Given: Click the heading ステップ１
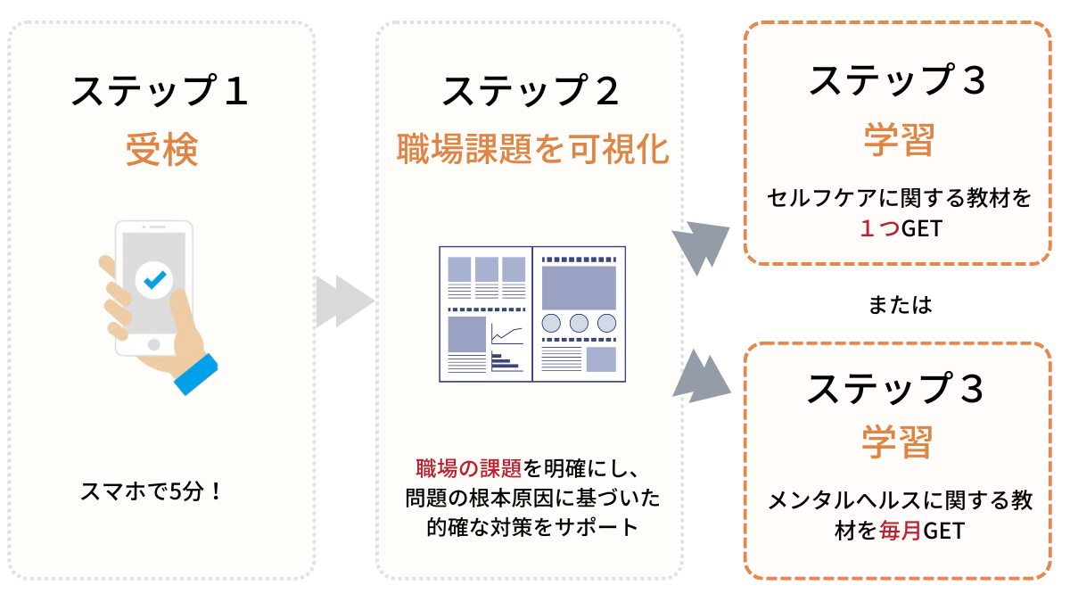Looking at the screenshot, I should [160, 92].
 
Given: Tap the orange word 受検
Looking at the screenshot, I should [160, 150].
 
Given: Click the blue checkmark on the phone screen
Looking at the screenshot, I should [154, 280].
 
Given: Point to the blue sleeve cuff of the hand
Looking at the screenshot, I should [195, 374].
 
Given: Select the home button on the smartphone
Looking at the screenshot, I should [153, 344].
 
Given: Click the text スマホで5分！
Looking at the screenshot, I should [151, 491].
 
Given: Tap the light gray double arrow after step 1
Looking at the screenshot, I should [343, 301].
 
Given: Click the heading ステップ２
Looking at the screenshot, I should [531, 92].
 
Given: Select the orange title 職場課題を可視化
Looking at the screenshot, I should [532, 150].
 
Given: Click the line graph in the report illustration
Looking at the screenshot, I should [506, 334].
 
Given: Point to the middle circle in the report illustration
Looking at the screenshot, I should [579, 323].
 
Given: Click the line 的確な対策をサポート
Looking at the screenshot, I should [532, 527].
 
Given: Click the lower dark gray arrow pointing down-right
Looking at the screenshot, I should [701, 375].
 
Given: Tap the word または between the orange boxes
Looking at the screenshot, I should [899, 305].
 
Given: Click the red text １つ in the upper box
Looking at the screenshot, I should [877, 229].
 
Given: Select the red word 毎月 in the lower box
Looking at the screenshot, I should [897, 531].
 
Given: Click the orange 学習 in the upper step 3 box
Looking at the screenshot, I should [899, 140].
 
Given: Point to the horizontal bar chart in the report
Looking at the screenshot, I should [504, 361].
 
